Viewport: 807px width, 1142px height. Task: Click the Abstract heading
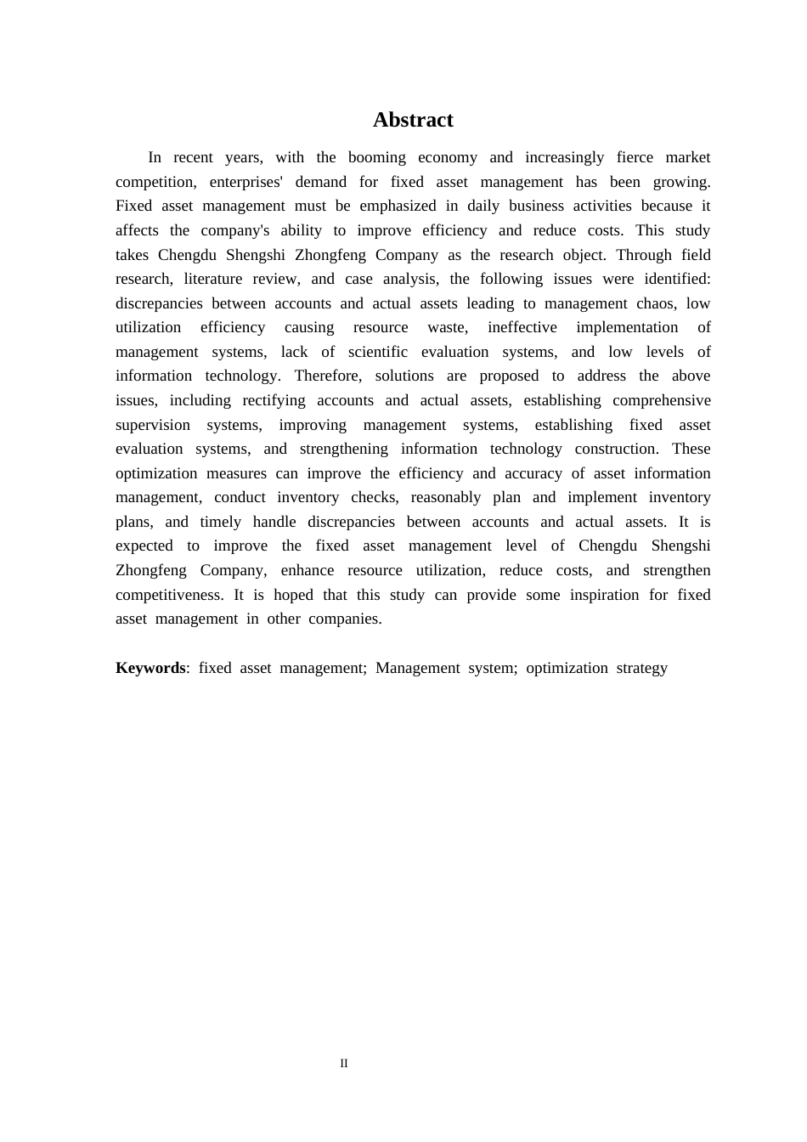(413, 120)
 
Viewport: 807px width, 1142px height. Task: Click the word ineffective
(522, 327)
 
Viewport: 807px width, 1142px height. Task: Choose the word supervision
(153, 425)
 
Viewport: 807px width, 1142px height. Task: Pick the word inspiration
(604, 595)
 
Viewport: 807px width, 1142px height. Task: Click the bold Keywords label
(150, 668)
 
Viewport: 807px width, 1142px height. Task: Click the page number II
(344, 1063)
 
